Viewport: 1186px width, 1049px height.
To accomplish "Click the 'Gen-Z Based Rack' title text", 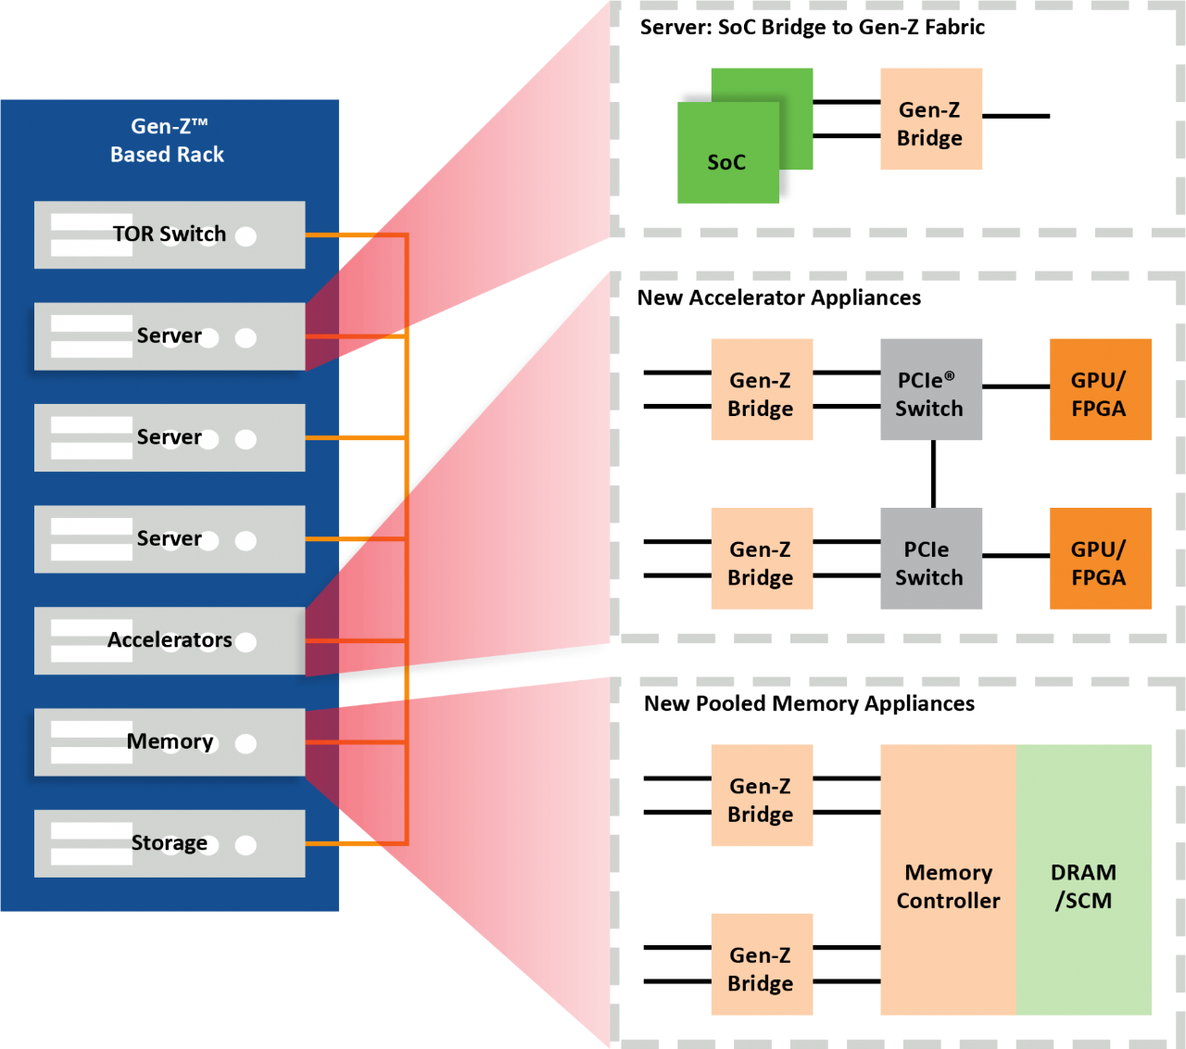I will pos(168,140).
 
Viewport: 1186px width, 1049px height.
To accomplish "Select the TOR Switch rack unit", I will pos(170,234).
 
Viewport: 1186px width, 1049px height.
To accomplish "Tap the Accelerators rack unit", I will pos(170,640).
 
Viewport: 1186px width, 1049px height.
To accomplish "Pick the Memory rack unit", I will pos(170,742).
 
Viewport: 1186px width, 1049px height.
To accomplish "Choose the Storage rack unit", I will pos(170,843).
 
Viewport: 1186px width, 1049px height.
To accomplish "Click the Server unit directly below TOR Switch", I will pos(170,336).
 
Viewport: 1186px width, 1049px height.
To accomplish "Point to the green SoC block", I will pos(728,153).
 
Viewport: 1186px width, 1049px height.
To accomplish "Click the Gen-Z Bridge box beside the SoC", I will pos(930,120).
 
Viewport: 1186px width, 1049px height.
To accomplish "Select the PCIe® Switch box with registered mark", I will pos(930,389).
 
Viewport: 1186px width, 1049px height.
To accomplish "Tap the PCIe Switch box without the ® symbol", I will pos(930,559).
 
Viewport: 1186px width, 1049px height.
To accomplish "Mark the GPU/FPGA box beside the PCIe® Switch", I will pos(1100,389).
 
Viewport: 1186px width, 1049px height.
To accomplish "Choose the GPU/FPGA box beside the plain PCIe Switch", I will pos(1100,559).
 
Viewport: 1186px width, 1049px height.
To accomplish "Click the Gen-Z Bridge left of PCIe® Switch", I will pos(761,389).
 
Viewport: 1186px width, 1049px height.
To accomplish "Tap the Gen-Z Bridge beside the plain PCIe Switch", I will pos(761,559).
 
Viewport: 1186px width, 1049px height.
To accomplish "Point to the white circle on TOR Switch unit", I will pos(246,236).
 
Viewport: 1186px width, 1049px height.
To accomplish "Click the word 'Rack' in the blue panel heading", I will pos(201,155).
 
